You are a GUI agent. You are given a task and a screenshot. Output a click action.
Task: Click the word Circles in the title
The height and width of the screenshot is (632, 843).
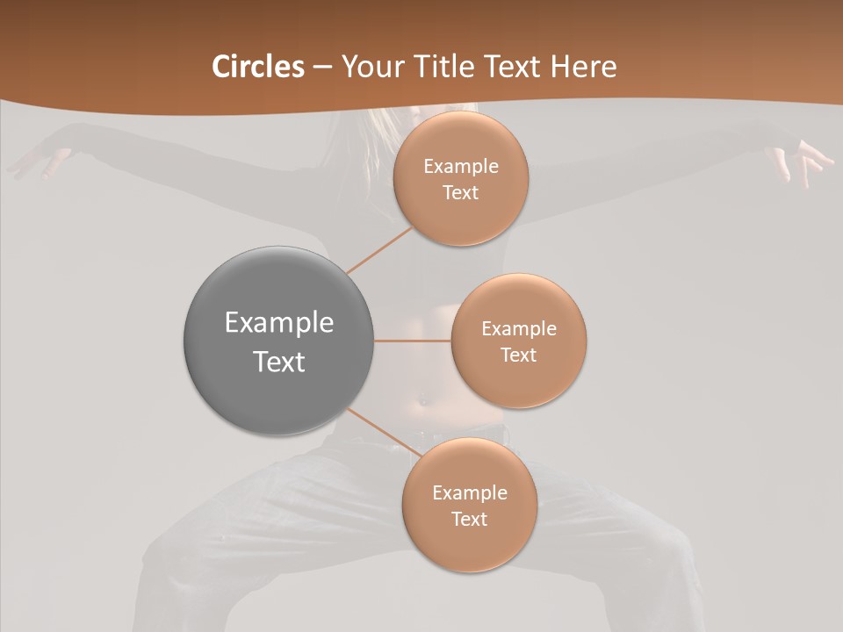258,67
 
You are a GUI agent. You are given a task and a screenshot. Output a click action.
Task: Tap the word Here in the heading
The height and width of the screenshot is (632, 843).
583,67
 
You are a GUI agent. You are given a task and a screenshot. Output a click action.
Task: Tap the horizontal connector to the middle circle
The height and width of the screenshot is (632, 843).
413,341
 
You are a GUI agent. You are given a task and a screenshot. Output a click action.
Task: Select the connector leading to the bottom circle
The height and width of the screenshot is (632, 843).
384,432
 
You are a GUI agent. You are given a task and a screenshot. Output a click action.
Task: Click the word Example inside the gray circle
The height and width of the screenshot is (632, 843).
278,323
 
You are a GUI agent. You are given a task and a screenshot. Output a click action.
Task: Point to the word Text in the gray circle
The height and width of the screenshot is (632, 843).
278,362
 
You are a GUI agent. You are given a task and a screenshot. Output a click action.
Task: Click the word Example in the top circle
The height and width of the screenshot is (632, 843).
461,167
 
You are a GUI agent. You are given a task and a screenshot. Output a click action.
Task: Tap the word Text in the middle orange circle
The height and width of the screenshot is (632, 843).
518,355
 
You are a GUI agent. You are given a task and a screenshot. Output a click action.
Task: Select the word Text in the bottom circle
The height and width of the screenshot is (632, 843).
469,519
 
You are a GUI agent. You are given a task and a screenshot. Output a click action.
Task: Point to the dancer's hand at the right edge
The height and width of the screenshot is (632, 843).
801,163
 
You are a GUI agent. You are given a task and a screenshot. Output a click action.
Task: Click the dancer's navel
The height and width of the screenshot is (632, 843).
424,401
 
